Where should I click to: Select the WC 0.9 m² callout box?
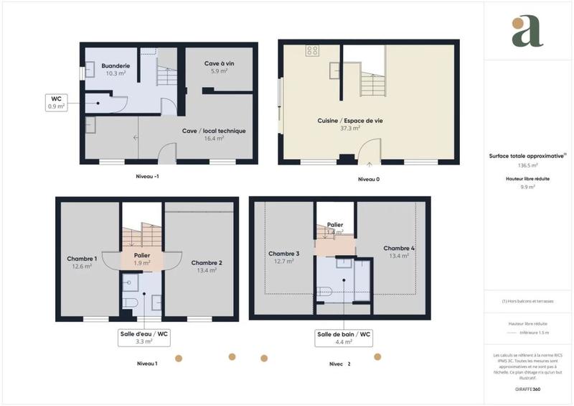[56, 102]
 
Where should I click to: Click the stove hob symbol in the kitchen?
[313, 50]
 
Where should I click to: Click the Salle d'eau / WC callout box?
[143, 338]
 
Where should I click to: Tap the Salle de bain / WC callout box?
[344, 338]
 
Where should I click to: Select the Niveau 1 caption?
[147, 364]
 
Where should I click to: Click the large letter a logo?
[527, 32]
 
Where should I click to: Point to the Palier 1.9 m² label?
[141, 259]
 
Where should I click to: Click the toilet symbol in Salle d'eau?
[131, 302]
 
